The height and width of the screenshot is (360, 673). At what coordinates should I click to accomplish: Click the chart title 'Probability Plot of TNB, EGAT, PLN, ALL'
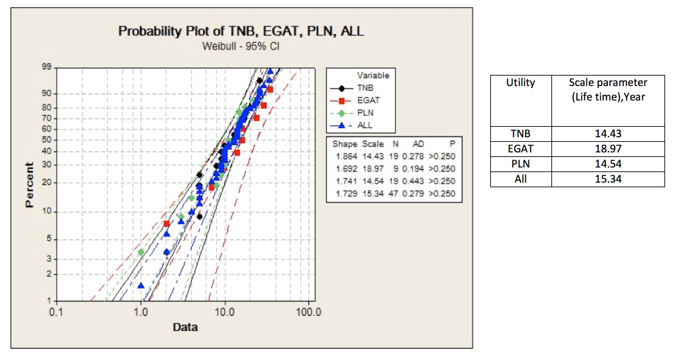(241, 32)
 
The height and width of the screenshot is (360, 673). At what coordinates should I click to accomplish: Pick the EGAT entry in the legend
(369, 101)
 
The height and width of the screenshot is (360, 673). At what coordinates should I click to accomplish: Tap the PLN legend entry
(366, 113)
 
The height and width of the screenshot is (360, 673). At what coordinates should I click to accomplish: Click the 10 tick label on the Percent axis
(47, 212)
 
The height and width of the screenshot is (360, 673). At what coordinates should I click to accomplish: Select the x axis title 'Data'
(185, 327)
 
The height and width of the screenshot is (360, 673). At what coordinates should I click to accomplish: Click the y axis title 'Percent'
(30, 185)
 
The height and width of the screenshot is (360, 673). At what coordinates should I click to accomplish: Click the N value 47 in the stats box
(396, 193)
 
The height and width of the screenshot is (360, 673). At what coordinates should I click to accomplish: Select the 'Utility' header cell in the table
(520, 83)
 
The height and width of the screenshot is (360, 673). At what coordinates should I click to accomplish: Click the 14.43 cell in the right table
(607, 134)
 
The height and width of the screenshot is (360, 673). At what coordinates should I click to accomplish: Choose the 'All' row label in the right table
(520, 178)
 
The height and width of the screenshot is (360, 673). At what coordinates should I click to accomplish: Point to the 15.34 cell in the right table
(607, 178)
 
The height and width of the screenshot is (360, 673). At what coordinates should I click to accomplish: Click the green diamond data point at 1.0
(141, 252)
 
